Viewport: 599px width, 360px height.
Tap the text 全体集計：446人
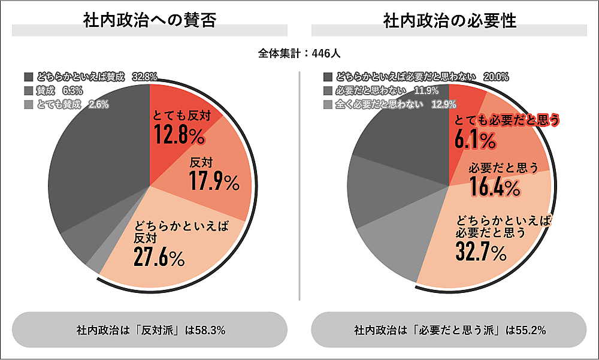pyautogui.click(x=299, y=53)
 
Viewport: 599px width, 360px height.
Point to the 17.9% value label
pyautogui.click(x=214, y=181)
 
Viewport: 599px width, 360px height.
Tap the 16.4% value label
pyautogui.click(x=495, y=187)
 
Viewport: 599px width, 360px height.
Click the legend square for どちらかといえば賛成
pyautogui.click(x=29, y=77)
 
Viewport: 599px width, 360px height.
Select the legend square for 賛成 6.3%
pyautogui.click(x=29, y=91)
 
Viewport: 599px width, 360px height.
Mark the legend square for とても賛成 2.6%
pyautogui.click(x=29, y=105)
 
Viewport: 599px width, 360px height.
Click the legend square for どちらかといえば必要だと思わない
pyautogui.click(x=328, y=77)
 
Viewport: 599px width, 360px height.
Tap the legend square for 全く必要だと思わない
pyautogui.click(x=328, y=105)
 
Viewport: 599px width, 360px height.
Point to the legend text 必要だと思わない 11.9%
pyautogui.click(x=387, y=91)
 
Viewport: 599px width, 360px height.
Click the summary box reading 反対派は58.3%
pyautogui.click(x=150, y=330)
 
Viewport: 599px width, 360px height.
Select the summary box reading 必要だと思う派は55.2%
pyautogui.click(x=449, y=330)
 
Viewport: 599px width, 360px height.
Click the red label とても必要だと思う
pyautogui.click(x=507, y=120)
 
